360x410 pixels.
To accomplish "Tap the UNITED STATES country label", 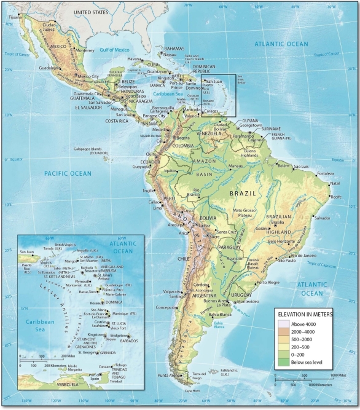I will (92, 12).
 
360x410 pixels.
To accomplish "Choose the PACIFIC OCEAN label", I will (68, 174).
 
